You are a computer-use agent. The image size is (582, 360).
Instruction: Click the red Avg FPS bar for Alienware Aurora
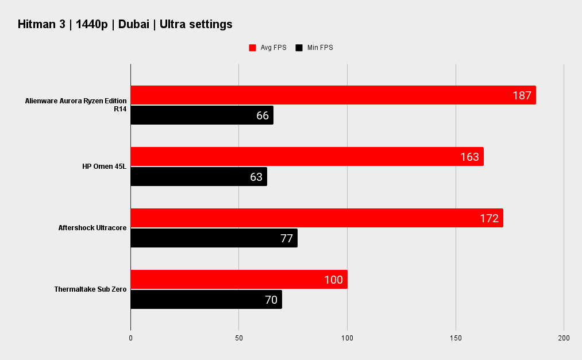[x=333, y=95]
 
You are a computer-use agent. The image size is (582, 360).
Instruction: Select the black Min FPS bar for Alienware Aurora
[x=202, y=115]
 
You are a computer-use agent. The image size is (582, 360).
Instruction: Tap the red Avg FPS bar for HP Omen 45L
[x=307, y=156]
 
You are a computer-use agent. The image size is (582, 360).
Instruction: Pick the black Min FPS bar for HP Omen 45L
[x=199, y=176]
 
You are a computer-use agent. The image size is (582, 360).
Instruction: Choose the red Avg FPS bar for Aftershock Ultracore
[x=317, y=218]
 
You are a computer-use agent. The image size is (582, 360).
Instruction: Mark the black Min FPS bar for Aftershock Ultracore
[x=214, y=238]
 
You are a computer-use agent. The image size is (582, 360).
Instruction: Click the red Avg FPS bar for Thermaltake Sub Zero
[x=239, y=279]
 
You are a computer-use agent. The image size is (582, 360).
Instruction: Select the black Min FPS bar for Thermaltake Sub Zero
[x=206, y=299]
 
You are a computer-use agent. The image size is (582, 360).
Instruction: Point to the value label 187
[x=522, y=95]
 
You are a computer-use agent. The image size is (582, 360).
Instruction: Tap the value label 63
[x=256, y=177]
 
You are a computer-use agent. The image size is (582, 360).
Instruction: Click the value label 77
[x=287, y=238]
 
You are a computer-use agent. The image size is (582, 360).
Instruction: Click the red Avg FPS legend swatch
[x=252, y=48]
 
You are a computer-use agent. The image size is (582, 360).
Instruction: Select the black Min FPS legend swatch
[x=299, y=48]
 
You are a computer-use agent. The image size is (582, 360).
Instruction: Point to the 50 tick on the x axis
[x=238, y=338]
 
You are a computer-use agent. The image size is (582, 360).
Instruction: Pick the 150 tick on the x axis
[x=456, y=338]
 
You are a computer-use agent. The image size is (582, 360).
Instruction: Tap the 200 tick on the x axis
[x=564, y=338]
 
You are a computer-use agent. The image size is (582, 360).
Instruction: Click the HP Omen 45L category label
[x=105, y=167]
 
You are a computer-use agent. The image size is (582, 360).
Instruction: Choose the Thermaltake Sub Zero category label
[x=90, y=289]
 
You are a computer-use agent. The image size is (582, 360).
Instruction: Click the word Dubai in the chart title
[x=134, y=24]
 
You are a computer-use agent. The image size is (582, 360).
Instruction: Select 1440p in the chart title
[x=92, y=25]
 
